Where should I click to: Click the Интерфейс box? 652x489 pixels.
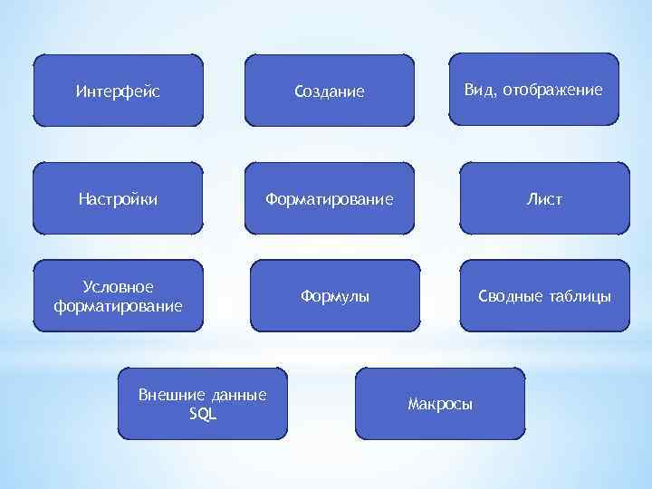pos(119,90)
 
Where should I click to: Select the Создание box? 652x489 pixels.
pos(330,90)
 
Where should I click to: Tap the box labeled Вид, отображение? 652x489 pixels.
pos(533,89)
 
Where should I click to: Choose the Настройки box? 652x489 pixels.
pos(119,197)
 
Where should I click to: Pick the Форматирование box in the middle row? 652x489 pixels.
pos(330,197)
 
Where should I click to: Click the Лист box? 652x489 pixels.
pos(544,197)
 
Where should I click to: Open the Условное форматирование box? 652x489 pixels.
pos(119,295)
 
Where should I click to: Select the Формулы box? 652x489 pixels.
pos(335,295)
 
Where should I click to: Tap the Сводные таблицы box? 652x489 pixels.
pos(544,295)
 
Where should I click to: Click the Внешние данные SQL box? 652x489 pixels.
pos(202,403)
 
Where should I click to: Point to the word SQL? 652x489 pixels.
pos(202,414)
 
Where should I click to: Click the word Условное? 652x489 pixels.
pos(119,286)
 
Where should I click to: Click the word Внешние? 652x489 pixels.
pos(169,395)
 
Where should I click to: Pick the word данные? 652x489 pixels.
pos(236,396)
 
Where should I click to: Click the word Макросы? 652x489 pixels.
pos(440,403)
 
